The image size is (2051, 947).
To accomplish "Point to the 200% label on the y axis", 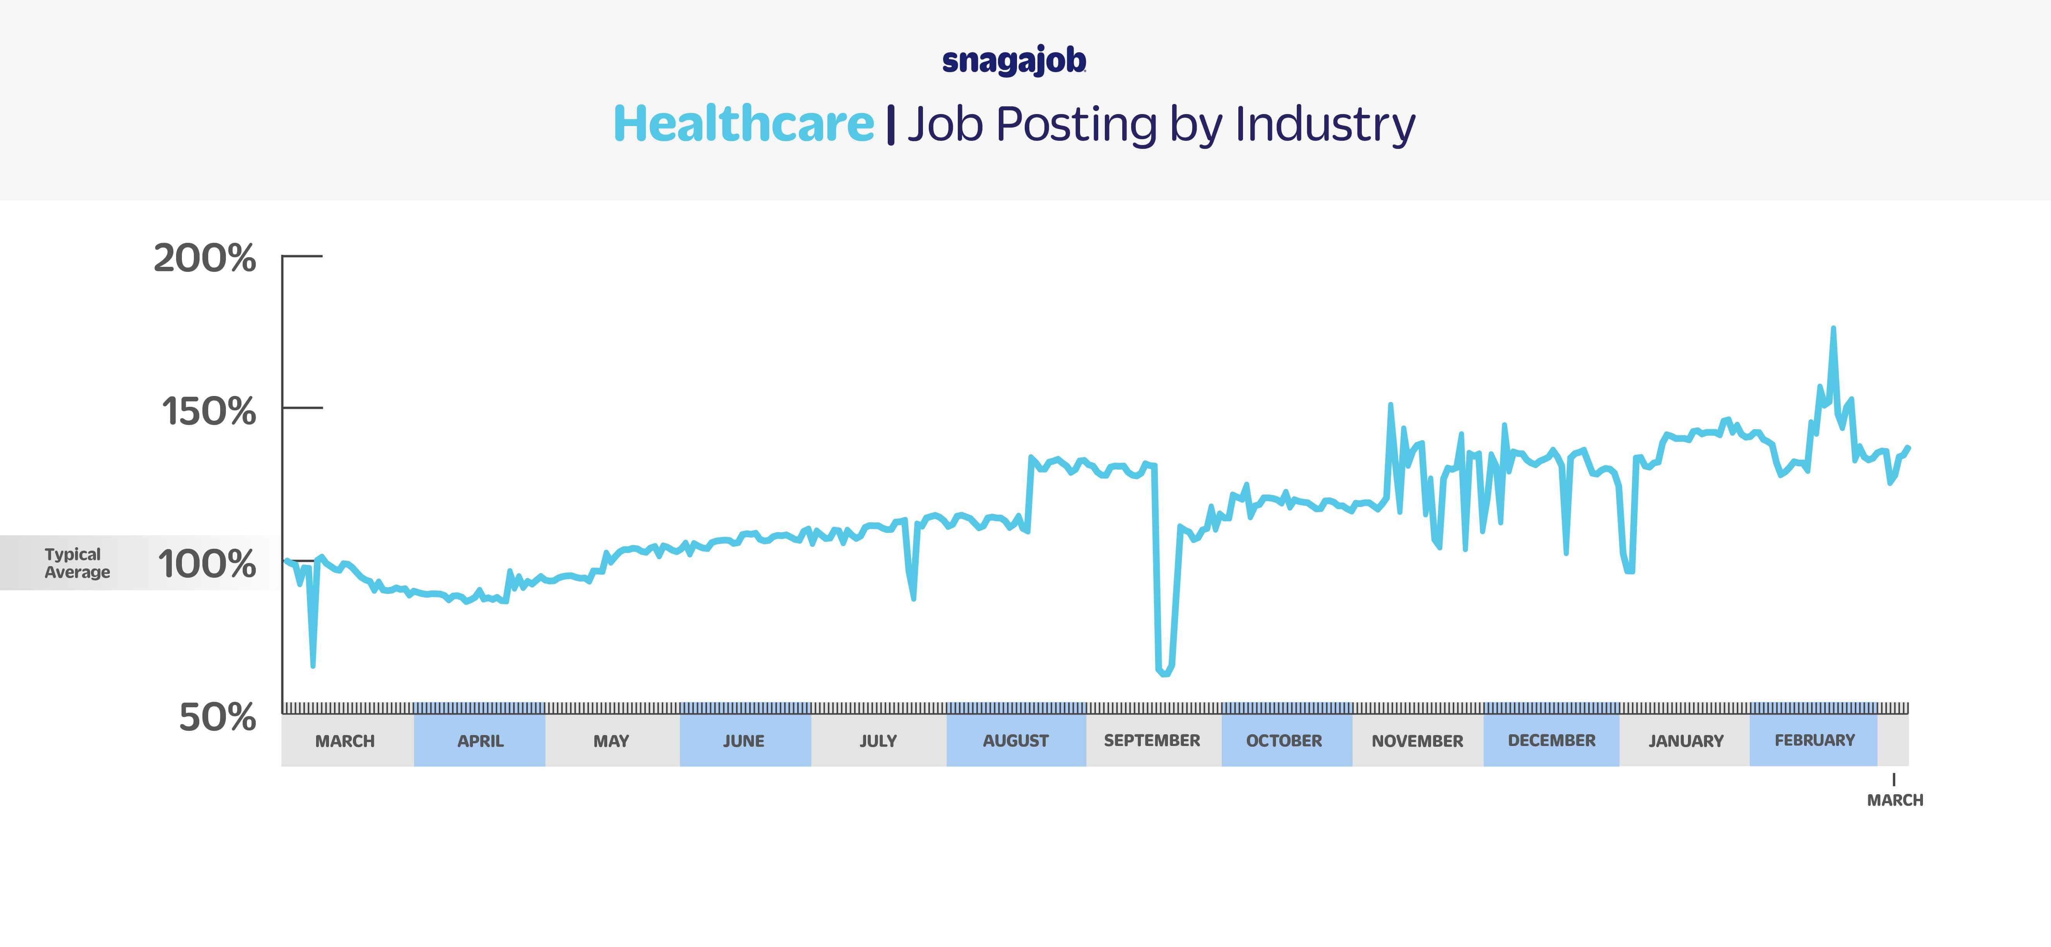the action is click(x=205, y=259).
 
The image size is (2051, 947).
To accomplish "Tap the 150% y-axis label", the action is click(x=209, y=411).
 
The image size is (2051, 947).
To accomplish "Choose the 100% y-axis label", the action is click(x=207, y=564).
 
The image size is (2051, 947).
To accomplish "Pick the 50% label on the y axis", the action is click(x=217, y=717).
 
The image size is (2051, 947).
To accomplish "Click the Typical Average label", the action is click(x=77, y=563).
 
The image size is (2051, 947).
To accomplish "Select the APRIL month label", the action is click(x=480, y=741).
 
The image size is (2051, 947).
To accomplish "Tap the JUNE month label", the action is click(x=744, y=741).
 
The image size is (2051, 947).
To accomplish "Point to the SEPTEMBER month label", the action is click(x=1151, y=740).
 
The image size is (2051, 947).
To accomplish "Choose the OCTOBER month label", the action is click(x=1284, y=741).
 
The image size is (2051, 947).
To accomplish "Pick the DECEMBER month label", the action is click(x=1552, y=740).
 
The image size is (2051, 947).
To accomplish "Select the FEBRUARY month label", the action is click(x=1815, y=740).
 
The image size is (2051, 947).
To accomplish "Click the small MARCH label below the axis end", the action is click(x=1895, y=800).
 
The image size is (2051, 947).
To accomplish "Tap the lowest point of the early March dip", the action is click(x=313, y=664).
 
